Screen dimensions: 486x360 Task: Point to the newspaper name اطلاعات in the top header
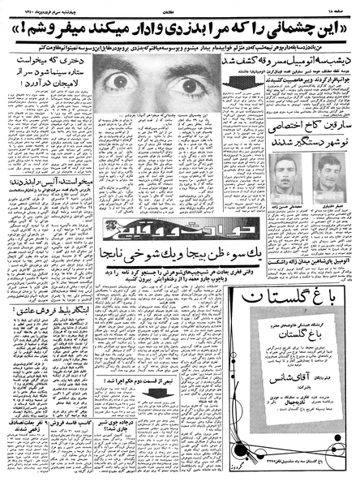click(x=180, y=5)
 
